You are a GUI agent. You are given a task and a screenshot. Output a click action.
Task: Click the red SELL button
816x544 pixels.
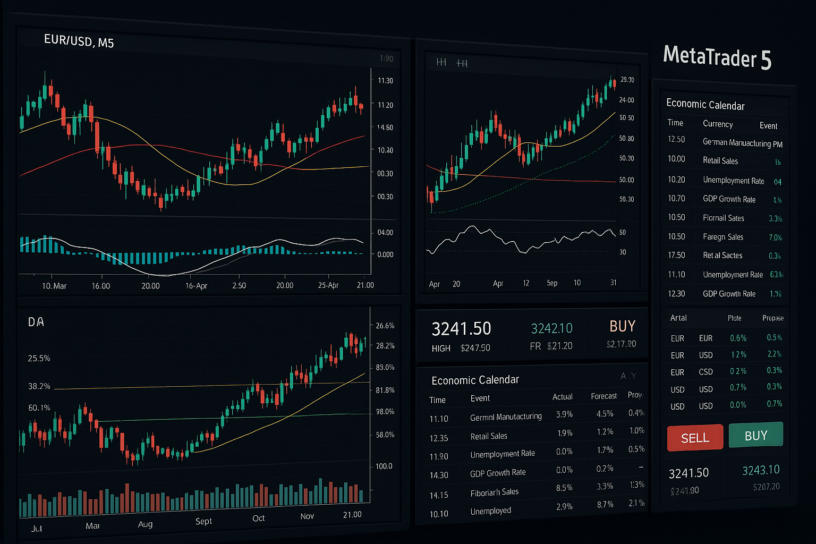(x=695, y=438)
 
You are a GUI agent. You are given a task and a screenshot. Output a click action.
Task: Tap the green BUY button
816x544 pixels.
(x=755, y=436)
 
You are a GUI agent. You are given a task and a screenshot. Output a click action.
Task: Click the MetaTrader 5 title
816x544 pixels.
(x=717, y=57)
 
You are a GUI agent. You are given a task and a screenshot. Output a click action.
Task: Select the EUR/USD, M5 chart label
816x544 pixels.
(x=79, y=41)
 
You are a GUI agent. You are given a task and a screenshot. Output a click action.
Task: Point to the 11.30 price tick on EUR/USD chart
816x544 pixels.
(x=385, y=81)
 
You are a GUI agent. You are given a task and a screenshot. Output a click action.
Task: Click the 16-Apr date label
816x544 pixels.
(x=196, y=286)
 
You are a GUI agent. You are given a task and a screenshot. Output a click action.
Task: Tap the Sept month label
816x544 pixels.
(x=203, y=521)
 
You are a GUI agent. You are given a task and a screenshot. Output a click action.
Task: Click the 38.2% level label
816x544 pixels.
(x=39, y=386)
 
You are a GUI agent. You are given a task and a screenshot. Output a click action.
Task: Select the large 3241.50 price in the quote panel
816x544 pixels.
(x=461, y=329)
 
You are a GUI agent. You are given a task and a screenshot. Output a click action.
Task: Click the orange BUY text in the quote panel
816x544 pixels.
(x=622, y=326)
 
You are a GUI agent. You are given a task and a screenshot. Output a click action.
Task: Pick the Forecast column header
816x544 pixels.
(x=603, y=396)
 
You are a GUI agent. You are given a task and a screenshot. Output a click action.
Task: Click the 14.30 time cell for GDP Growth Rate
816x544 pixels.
(x=439, y=475)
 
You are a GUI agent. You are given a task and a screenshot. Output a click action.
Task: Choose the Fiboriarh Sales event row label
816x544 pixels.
(x=494, y=492)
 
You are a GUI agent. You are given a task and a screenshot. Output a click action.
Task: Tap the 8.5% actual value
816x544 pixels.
(x=564, y=488)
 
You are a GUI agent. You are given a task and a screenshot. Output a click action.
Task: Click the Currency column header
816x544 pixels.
(x=717, y=124)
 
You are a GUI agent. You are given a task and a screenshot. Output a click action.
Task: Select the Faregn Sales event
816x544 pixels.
(x=722, y=237)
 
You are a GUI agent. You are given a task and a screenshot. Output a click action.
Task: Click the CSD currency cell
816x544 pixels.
(x=705, y=372)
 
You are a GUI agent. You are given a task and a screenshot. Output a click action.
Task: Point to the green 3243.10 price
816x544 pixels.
(x=761, y=470)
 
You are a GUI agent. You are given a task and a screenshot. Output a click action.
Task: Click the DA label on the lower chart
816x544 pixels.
(x=36, y=322)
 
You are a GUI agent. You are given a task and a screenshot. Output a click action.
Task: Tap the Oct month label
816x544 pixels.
(x=258, y=518)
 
